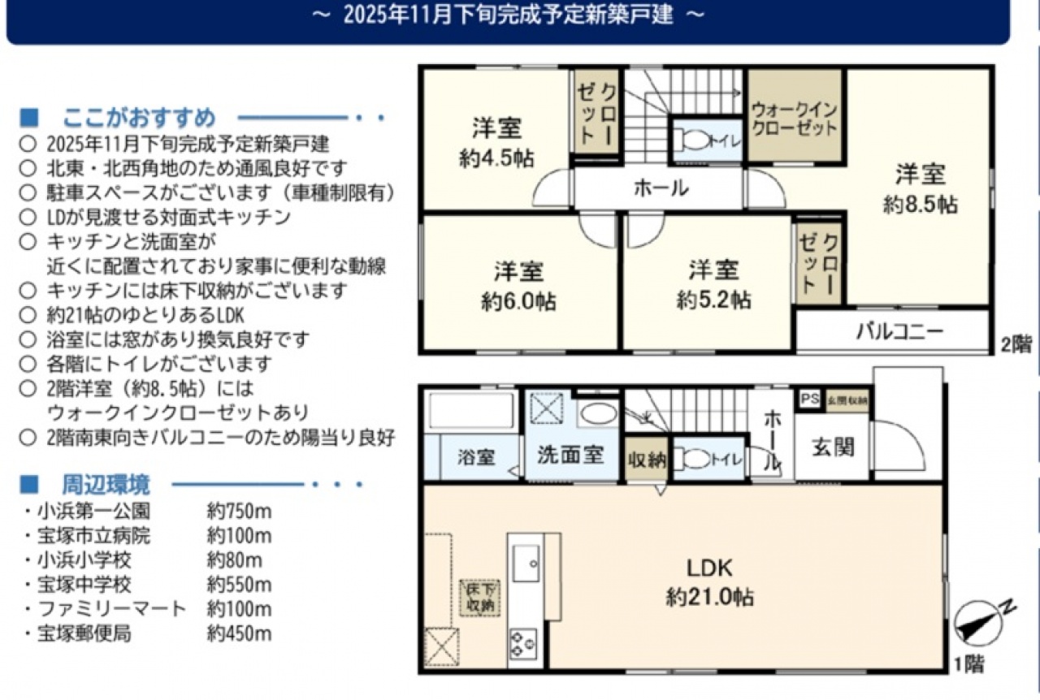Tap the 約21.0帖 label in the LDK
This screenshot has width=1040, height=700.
coord(710,597)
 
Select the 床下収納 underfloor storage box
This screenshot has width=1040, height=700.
coord(480,598)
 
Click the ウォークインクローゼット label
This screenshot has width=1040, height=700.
coord(794,119)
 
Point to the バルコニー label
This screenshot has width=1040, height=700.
coord(899,331)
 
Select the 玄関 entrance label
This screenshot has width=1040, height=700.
coord(833,447)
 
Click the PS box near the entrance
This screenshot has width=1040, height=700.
coord(810,400)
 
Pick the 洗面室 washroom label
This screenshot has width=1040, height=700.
coord(570,455)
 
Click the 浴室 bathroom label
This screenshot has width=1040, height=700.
coord(476,457)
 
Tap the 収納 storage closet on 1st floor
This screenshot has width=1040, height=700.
coord(647,459)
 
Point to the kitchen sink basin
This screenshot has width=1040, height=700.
coord(526,563)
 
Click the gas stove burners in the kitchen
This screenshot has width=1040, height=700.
coord(523,644)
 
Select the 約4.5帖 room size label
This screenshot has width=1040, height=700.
coord(496,158)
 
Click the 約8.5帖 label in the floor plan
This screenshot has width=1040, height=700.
coord(920,204)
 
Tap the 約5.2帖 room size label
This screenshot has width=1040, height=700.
coord(713,300)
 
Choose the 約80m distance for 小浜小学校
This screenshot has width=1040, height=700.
coord(235,560)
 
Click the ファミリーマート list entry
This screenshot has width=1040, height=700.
coord(112,608)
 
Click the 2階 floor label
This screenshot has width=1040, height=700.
coord(1016,344)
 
